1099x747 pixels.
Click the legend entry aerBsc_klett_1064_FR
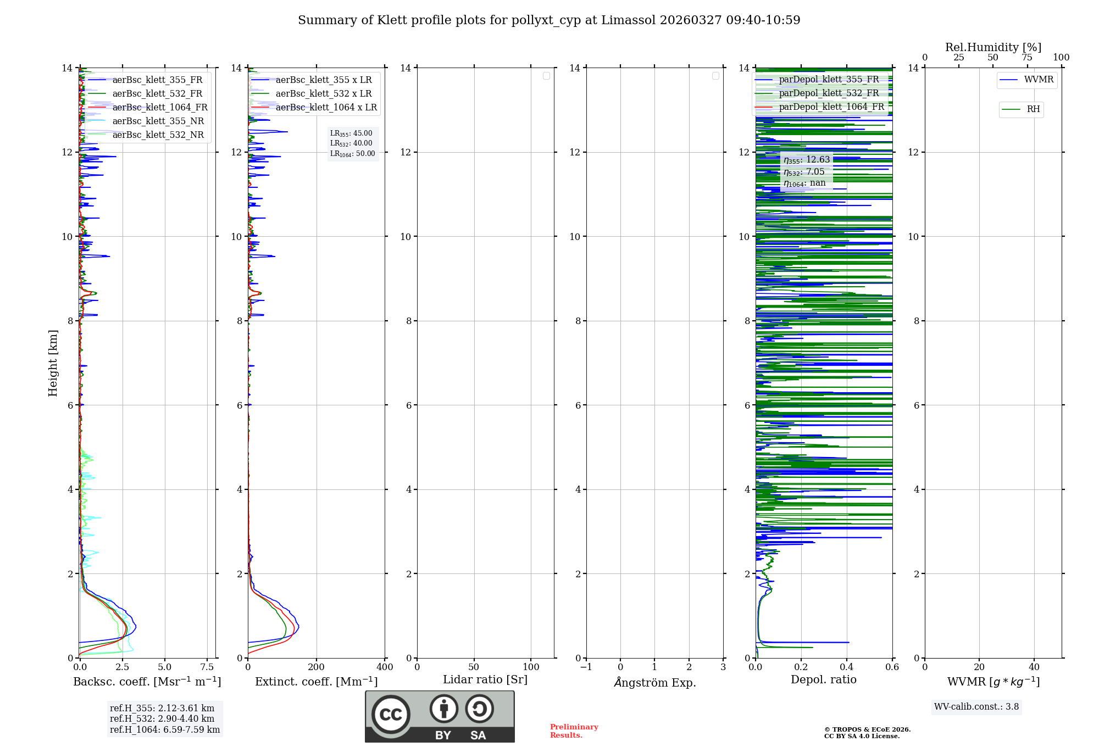pos(160,108)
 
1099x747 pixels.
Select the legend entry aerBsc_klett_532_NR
pos(158,135)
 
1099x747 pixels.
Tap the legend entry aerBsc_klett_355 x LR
pos(323,80)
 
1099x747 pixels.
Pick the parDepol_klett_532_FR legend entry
pos(829,93)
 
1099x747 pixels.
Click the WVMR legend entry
pos(1039,80)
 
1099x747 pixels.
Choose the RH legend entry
pos(1033,109)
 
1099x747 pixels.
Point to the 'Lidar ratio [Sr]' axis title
pos(485,680)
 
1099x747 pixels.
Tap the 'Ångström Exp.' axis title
pos(655,683)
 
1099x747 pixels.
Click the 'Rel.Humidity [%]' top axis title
pos(993,47)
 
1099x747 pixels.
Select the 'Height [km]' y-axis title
pos(53,363)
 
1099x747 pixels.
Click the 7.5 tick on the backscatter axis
pos(207,667)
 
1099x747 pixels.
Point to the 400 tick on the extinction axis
pos(385,667)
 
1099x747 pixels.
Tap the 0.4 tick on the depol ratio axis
pos(847,667)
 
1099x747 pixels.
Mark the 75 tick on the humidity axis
pos(1027,58)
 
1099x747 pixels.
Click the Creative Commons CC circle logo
pos(391,715)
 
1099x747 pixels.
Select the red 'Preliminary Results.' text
pos(574,731)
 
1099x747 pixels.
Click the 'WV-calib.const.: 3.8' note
pos(976,707)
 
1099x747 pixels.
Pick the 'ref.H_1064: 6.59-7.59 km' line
pos(165,730)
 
